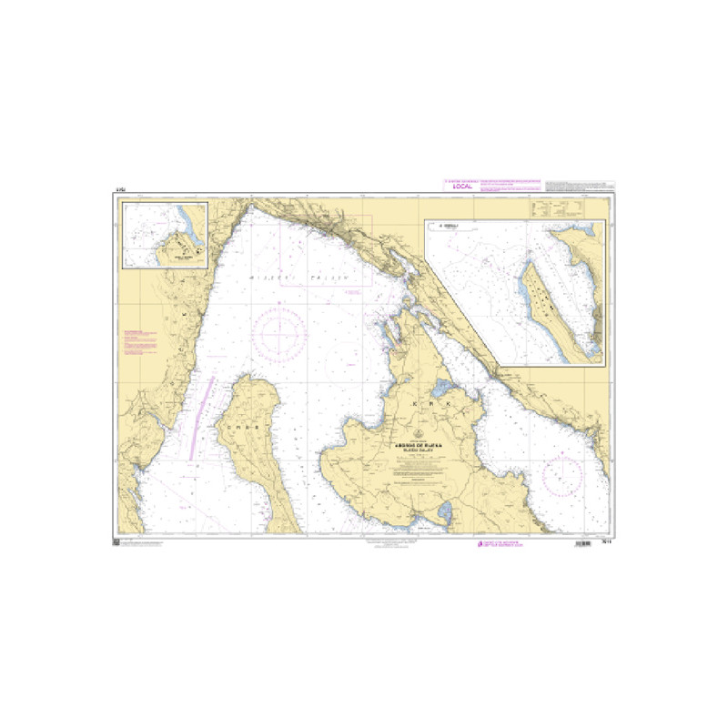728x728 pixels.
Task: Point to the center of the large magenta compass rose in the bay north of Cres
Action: click(279, 333)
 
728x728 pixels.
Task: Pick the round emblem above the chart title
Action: click(420, 433)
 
